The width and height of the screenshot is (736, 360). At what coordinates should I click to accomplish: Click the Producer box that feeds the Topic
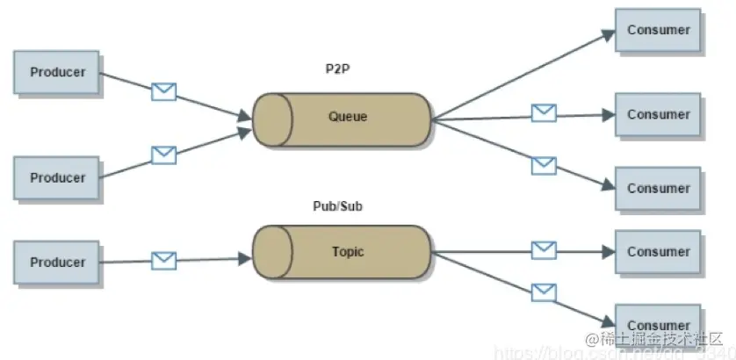coord(58,263)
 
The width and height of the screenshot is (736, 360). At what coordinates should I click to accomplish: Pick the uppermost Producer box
coord(58,73)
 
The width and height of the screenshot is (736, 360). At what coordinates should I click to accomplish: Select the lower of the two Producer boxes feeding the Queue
coord(58,178)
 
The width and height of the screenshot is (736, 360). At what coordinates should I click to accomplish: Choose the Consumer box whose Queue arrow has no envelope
coord(658,31)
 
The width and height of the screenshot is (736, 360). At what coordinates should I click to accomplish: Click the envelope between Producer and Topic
coord(163,261)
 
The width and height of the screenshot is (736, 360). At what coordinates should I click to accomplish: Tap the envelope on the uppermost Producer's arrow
coord(163,90)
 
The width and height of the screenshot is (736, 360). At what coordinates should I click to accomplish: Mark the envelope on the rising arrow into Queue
coord(163,155)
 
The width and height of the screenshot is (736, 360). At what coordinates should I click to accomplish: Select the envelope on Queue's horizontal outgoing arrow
coord(544,112)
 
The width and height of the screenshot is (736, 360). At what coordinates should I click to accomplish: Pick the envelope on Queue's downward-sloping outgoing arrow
coord(544,163)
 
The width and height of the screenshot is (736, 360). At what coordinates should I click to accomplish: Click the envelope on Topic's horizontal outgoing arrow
coord(544,250)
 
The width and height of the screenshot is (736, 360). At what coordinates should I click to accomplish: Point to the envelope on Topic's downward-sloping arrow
coord(544,291)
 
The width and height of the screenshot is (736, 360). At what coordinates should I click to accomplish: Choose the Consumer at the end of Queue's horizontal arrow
coord(658,115)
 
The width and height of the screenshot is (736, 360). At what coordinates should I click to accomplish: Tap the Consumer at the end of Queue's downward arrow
coord(658,189)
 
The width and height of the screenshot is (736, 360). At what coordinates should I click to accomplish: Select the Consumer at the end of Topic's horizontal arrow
coord(658,252)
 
